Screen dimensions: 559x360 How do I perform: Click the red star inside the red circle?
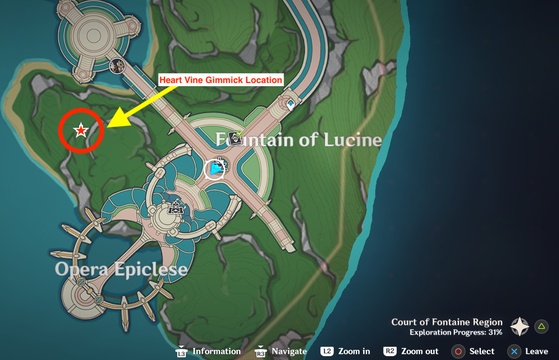click(x=81, y=130)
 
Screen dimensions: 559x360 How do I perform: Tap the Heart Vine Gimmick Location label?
click(x=221, y=80)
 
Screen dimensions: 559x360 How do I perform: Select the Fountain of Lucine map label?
click(x=298, y=140)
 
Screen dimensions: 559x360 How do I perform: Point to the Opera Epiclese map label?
click(x=121, y=269)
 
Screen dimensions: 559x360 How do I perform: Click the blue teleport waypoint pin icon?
click(x=291, y=104)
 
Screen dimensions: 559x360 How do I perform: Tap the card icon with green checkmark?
click(x=235, y=138)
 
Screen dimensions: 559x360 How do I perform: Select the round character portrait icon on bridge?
click(x=117, y=66)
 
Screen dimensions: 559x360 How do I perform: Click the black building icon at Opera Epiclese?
click(x=176, y=208)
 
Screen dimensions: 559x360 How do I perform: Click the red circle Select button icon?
click(x=458, y=351)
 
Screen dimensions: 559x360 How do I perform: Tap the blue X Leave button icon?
click(x=514, y=351)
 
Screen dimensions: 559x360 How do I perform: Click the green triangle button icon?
click(x=541, y=327)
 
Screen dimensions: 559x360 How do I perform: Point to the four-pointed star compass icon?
click(x=520, y=327)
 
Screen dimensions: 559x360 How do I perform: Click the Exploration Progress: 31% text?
click(x=456, y=332)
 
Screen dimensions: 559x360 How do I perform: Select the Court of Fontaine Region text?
click(x=447, y=322)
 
